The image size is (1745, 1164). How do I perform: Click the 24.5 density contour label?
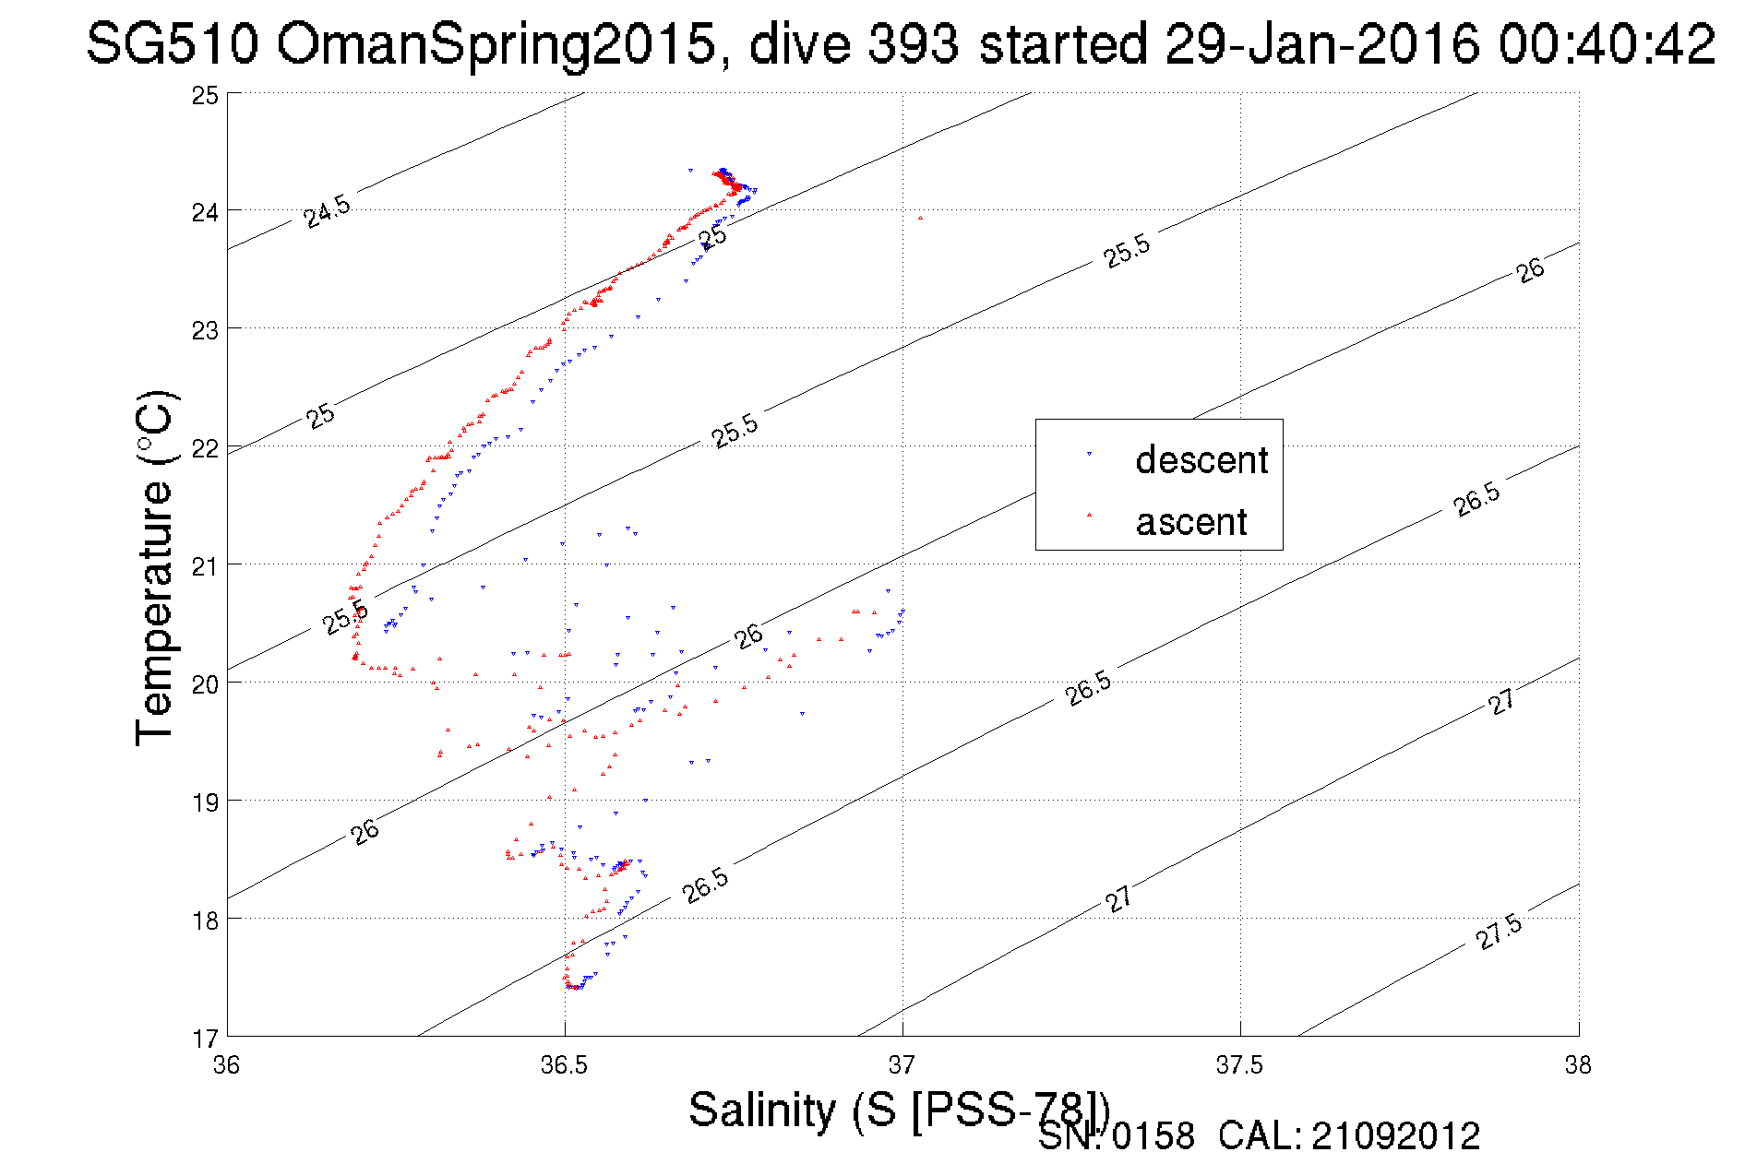[328, 212]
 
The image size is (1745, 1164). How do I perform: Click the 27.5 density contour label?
[1499, 932]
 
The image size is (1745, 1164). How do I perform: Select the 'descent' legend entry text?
[1201, 459]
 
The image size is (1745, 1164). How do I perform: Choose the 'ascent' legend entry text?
[1191, 522]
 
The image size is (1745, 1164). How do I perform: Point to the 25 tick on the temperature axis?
[205, 95]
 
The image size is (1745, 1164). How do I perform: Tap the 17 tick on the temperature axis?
[205, 1039]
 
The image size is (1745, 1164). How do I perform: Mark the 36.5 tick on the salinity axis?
[564, 1065]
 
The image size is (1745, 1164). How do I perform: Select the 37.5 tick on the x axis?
[1239, 1065]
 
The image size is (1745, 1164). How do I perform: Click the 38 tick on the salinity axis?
[1578, 1065]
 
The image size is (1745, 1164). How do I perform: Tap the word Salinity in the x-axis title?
[762, 1109]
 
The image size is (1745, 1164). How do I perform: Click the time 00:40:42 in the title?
[1607, 43]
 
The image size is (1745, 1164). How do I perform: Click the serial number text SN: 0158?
[1116, 1136]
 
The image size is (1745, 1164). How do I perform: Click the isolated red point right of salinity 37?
[920, 218]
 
